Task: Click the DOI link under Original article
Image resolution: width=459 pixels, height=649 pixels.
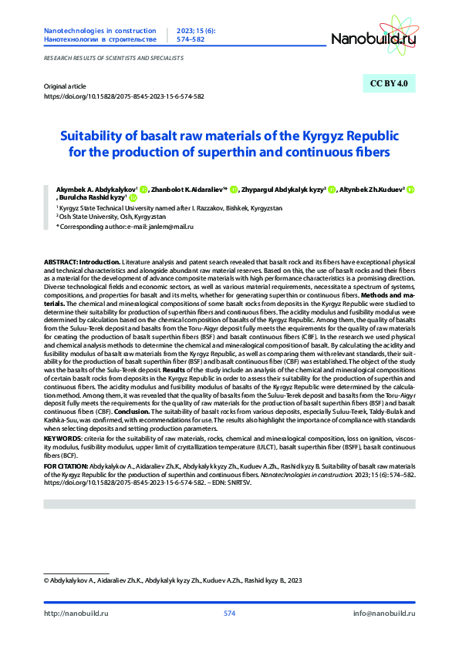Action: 124,97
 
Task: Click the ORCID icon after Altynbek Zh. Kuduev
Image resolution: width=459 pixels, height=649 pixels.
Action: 411,189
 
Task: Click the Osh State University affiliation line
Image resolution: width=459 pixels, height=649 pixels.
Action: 101,217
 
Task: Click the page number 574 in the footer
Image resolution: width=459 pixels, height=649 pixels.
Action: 229,613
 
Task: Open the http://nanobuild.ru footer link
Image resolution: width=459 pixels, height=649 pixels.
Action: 76,613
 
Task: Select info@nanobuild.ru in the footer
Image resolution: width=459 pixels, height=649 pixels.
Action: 384,613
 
